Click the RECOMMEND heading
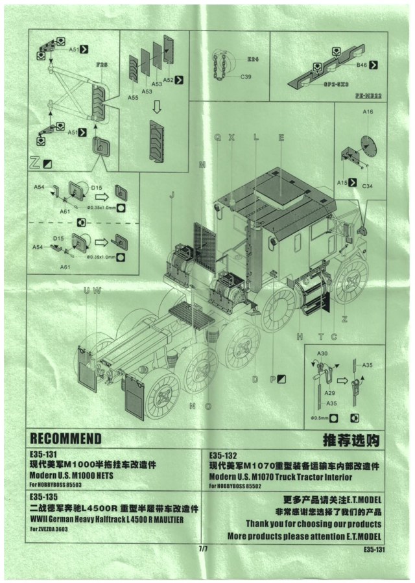(65, 438)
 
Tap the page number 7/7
(204, 549)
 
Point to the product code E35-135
(45, 496)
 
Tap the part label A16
(368, 112)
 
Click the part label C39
(246, 77)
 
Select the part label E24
(253, 59)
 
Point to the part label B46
(361, 65)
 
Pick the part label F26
(101, 65)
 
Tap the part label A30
(320, 353)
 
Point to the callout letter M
(202, 165)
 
